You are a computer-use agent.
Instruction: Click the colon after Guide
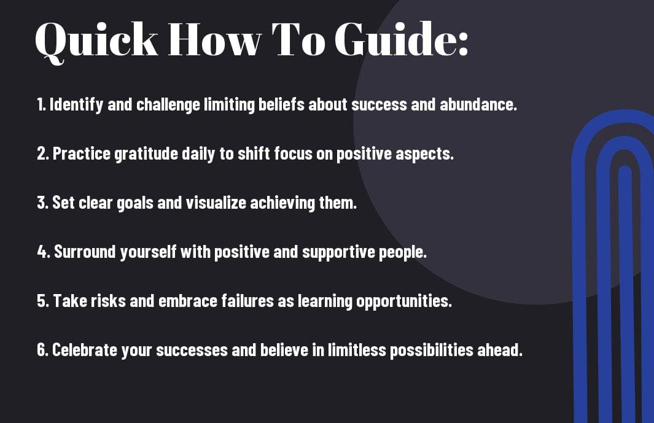(462, 44)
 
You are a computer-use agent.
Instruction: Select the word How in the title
(214, 39)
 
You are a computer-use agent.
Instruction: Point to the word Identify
(76, 104)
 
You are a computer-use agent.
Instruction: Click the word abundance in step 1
(478, 104)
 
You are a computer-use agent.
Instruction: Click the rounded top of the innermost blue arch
(625, 169)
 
